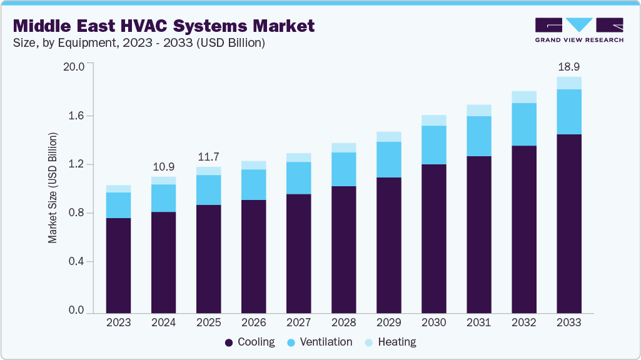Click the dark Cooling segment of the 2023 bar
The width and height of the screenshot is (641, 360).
point(118,265)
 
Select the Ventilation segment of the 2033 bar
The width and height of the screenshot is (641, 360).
point(569,112)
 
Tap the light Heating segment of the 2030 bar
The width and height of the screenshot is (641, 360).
point(434,120)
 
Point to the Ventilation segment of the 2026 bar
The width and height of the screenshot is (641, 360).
point(253,184)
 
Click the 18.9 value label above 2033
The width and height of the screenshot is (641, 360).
point(569,67)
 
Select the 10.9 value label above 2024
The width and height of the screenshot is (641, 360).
point(163,167)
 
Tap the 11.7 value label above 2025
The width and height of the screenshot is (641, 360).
point(208,157)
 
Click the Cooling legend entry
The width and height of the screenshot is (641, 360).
point(250,342)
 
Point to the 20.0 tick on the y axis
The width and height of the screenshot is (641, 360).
point(74,66)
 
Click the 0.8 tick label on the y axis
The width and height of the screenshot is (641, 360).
point(76,213)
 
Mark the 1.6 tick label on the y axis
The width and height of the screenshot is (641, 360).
point(76,116)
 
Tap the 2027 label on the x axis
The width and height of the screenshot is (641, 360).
point(298,322)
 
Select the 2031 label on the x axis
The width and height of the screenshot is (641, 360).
point(479,322)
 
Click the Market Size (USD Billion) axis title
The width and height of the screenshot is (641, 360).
point(53,187)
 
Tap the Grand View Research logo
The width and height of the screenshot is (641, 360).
point(579,29)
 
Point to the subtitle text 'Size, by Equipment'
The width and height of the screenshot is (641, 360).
point(59,43)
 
